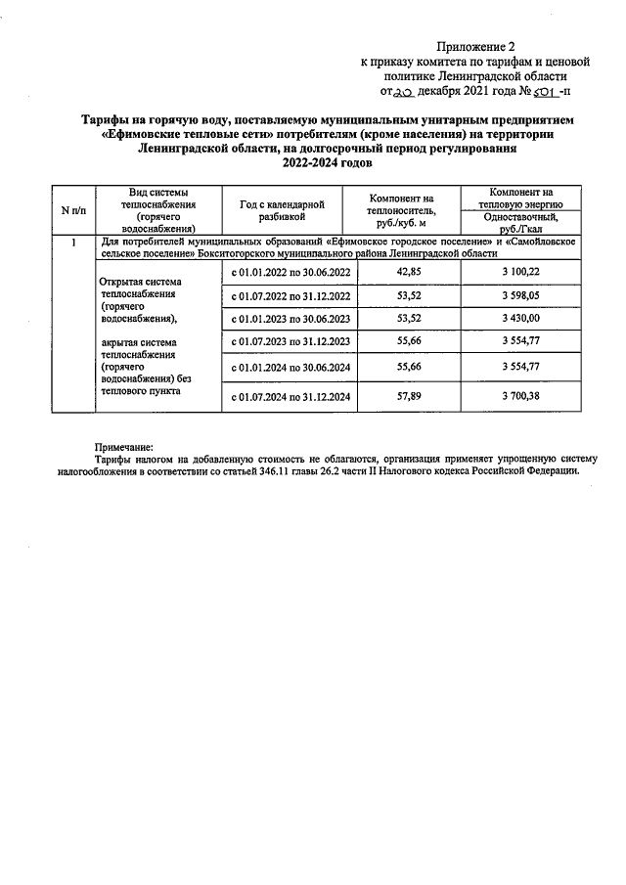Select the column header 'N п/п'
point(72,210)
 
